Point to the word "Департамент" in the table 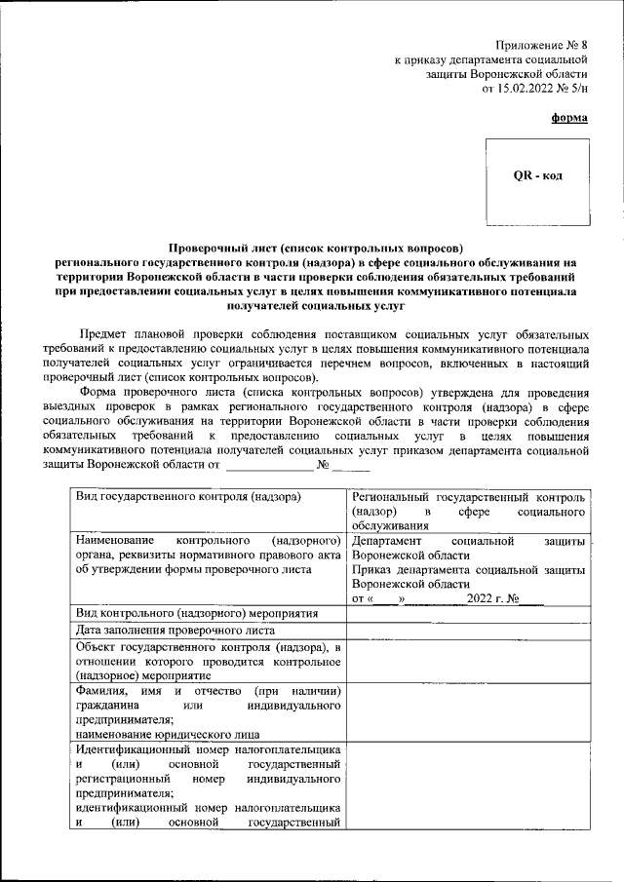coord(387,540)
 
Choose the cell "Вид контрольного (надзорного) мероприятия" coord(198,613)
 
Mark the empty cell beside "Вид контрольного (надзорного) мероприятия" coord(468,613)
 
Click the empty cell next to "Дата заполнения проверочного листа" coord(468,631)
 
